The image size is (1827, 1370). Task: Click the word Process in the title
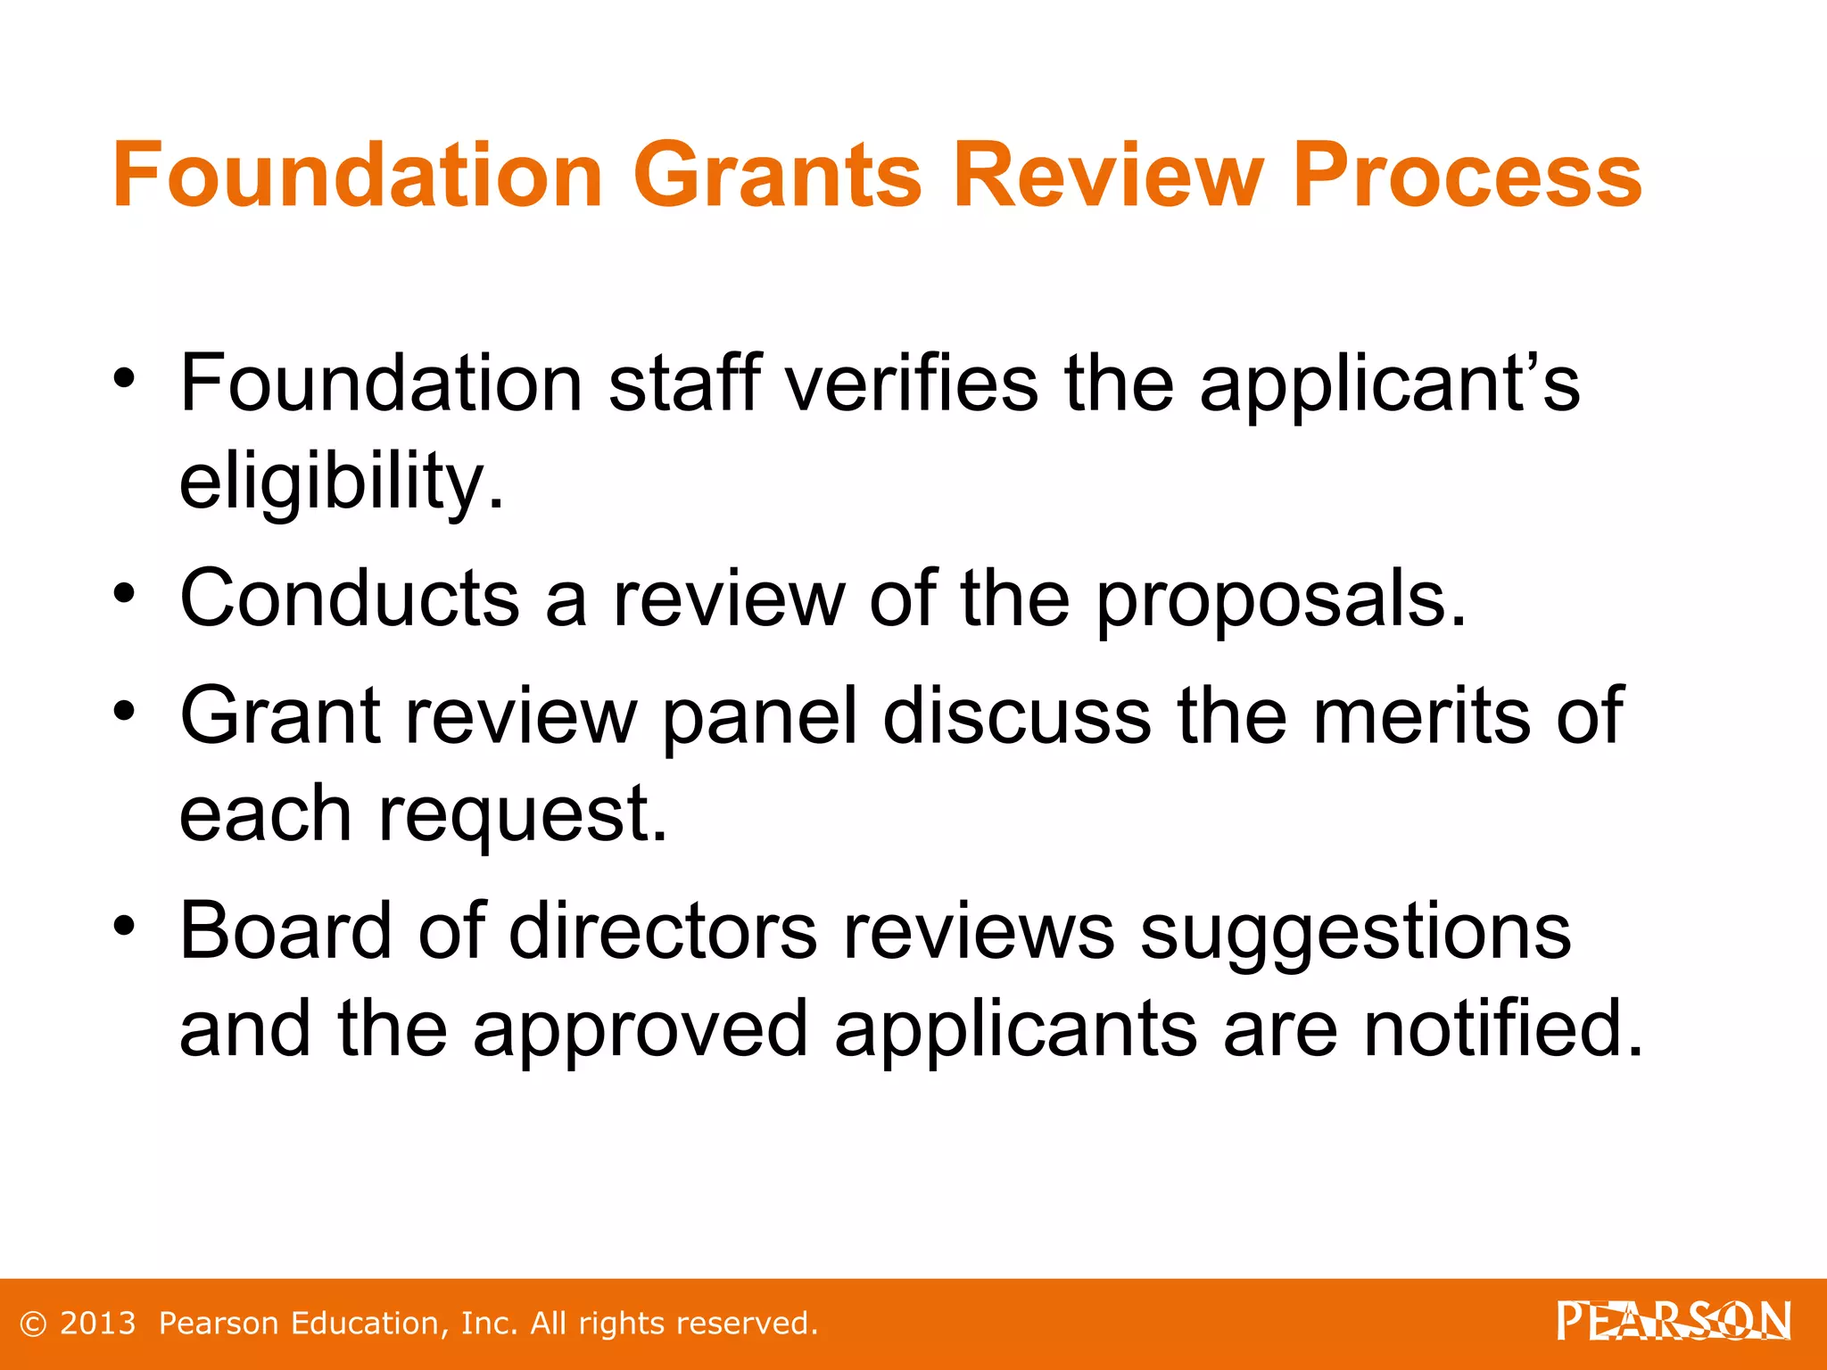point(1467,175)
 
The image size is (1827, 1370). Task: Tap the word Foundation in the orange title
point(358,175)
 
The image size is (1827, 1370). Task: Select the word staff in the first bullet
point(685,384)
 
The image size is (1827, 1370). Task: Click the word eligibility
point(342,482)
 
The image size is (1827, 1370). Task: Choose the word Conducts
point(350,598)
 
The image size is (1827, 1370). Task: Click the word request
point(523,815)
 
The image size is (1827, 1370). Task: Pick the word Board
point(285,931)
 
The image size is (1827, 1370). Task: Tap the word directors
point(663,931)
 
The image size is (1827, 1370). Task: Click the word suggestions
point(1355,933)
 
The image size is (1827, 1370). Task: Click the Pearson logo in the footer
point(1674,1321)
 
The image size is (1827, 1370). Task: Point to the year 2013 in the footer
point(97,1324)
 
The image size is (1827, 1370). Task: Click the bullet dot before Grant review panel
point(124,712)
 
